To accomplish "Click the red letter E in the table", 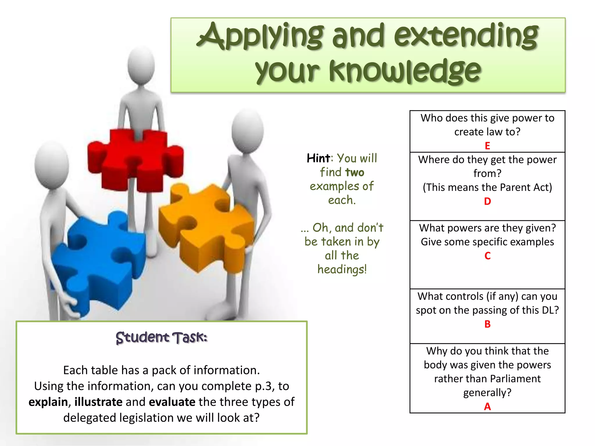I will click(487, 146).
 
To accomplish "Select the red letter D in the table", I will click(487, 201).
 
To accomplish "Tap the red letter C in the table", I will click(487, 256).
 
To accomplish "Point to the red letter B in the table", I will click(487, 324).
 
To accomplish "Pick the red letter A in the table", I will click(487, 407).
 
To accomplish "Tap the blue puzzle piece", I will click(99, 261).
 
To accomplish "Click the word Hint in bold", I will click(318, 158).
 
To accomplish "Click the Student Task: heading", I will click(162, 338).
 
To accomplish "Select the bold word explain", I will click(48, 402).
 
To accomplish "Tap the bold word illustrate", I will click(98, 402).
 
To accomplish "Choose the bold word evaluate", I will click(172, 402).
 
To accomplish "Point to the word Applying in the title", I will click(260, 36).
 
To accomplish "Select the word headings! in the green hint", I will click(342, 269).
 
